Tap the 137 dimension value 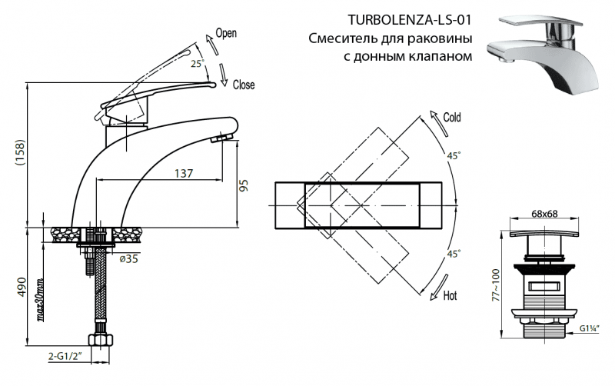tap(182, 174)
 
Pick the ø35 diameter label tap(128, 259)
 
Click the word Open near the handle tap(226, 33)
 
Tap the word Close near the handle tap(244, 85)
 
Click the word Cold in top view tap(452, 118)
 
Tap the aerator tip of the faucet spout tap(222, 137)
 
